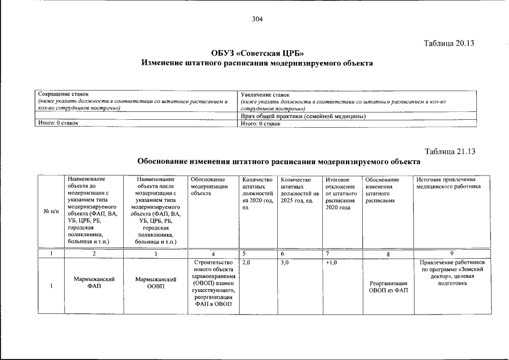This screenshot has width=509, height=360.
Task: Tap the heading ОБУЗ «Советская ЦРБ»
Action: [258, 53]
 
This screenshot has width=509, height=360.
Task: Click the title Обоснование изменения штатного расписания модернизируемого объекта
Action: [279, 161]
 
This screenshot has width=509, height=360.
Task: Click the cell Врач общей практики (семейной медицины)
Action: [303, 116]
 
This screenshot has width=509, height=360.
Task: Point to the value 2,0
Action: [245, 263]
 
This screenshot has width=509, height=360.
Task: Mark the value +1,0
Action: [331, 263]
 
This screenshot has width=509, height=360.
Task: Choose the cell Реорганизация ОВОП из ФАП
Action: [388, 286]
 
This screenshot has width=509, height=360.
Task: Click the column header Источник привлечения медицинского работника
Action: [448, 183]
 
